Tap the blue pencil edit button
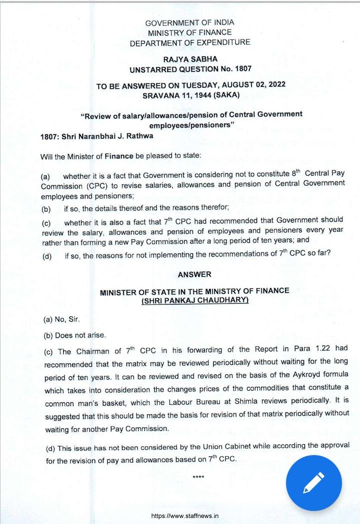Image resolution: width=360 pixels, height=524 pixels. [313, 483]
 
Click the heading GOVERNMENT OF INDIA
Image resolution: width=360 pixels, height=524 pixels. [189, 22]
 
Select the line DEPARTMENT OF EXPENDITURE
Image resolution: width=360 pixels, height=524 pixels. [190, 43]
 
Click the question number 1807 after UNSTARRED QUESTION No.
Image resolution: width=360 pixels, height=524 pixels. [242, 69]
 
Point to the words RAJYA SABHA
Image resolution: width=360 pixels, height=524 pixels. [190, 59]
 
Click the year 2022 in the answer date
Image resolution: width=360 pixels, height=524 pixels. [276, 85]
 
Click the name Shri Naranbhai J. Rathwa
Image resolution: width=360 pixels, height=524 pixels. [107, 136]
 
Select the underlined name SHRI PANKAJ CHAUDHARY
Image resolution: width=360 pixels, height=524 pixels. [195, 300]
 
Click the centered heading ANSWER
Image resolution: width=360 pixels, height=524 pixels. [194, 274]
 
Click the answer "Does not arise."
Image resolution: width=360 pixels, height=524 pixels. [80, 335]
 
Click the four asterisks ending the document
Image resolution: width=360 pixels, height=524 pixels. [198, 478]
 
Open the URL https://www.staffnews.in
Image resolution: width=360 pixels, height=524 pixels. [184, 516]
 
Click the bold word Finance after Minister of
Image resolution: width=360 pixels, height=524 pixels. [119, 156]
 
